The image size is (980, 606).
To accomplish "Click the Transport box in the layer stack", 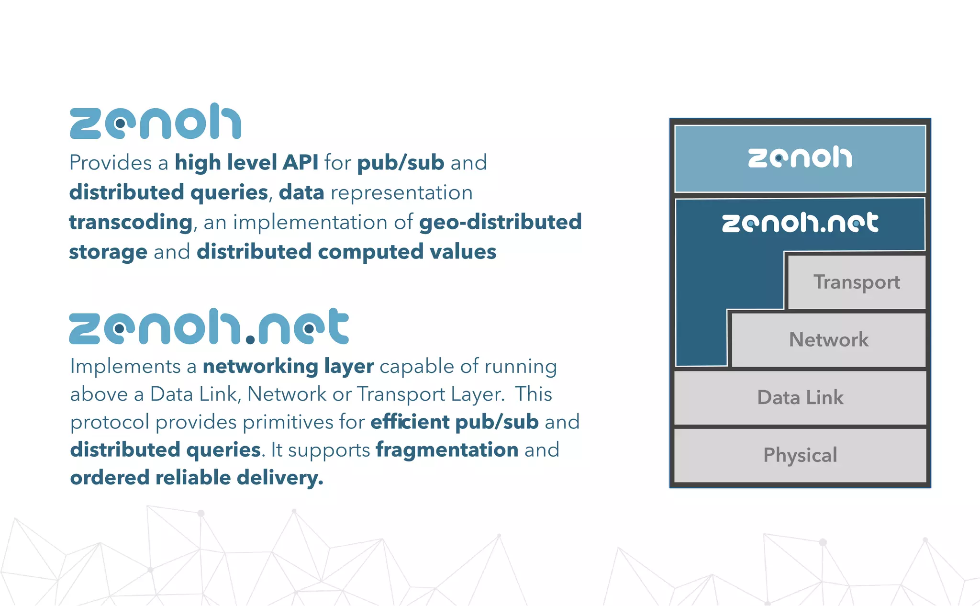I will (857, 282).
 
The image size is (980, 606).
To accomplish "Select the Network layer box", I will (829, 340).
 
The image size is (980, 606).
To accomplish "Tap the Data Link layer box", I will (800, 398).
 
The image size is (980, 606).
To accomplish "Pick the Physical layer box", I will (800, 455).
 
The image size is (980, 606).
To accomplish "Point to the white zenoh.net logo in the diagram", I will (800, 223).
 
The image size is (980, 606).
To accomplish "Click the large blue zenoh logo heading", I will (156, 122).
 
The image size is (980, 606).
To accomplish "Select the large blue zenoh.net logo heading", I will (209, 327).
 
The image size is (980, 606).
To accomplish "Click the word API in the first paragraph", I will (300, 163).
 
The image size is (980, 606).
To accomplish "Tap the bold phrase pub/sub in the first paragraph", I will (401, 163).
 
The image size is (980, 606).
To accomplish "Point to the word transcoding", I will (131, 223).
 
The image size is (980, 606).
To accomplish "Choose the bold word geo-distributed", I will (500, 222).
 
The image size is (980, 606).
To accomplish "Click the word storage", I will (108, 252).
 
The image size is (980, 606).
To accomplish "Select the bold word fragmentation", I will (447, 450).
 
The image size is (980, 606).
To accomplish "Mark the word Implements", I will (125, 367).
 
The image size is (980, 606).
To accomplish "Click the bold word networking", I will (260, 367).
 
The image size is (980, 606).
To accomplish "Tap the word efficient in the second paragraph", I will (410, 422).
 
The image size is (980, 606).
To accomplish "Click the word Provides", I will (111, 163).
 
